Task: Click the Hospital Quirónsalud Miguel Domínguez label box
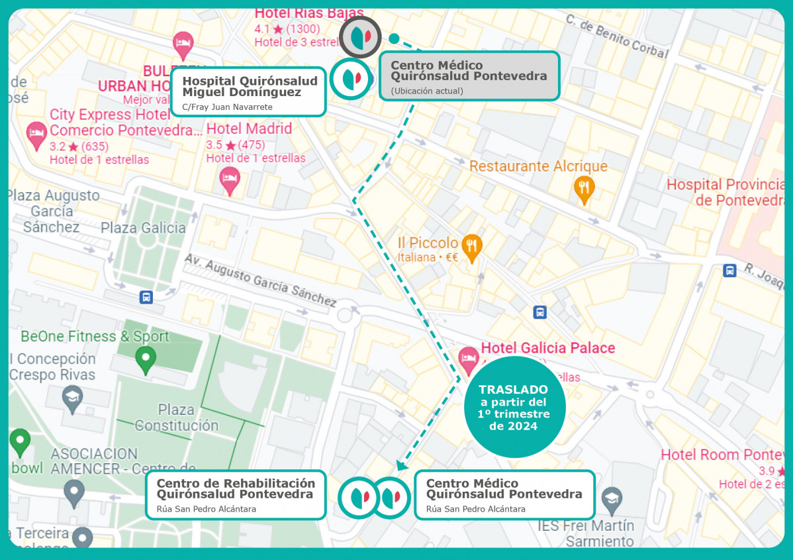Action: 248,91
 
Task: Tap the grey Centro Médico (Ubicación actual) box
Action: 469,76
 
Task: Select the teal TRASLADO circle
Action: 514,407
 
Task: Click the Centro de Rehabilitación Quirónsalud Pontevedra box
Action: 235,494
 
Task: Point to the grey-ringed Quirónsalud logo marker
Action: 360,36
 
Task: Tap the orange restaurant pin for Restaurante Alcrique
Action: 583,190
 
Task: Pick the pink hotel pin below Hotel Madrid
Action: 230,180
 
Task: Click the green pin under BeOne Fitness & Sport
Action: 146,360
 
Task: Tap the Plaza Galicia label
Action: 143,228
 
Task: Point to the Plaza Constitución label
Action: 176,418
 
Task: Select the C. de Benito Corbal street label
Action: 617,36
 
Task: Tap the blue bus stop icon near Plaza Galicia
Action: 146,297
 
